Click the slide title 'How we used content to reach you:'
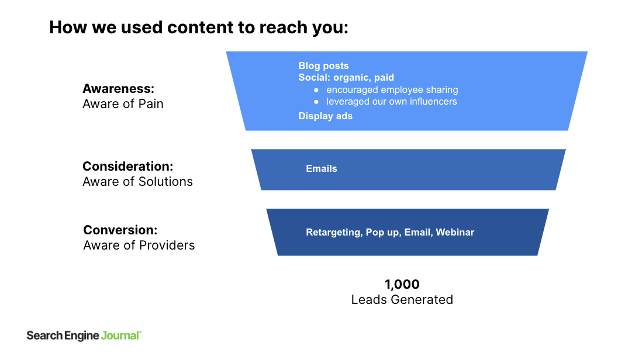coord(198,27)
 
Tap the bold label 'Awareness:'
coord(118,89)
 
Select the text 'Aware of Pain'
coord(123,104)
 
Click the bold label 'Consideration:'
coord(127,166)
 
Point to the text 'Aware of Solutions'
coord(137,182)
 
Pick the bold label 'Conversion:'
coord(120,230)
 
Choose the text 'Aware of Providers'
coord(139,245)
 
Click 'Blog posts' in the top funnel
coord(323,65)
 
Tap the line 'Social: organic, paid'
coord(346,77)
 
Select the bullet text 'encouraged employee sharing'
coord(392,89)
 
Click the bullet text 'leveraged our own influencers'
coord(391,101)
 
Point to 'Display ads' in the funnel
coord(325,116)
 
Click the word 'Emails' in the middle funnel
coord(322,168)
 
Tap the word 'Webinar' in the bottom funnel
coord(455,232)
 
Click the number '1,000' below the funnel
coord(402,285)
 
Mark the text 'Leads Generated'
coord(402,300)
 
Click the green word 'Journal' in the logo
coord(120,335)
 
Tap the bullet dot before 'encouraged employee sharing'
coord(316,90)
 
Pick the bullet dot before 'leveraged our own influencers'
coord(316,102)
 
